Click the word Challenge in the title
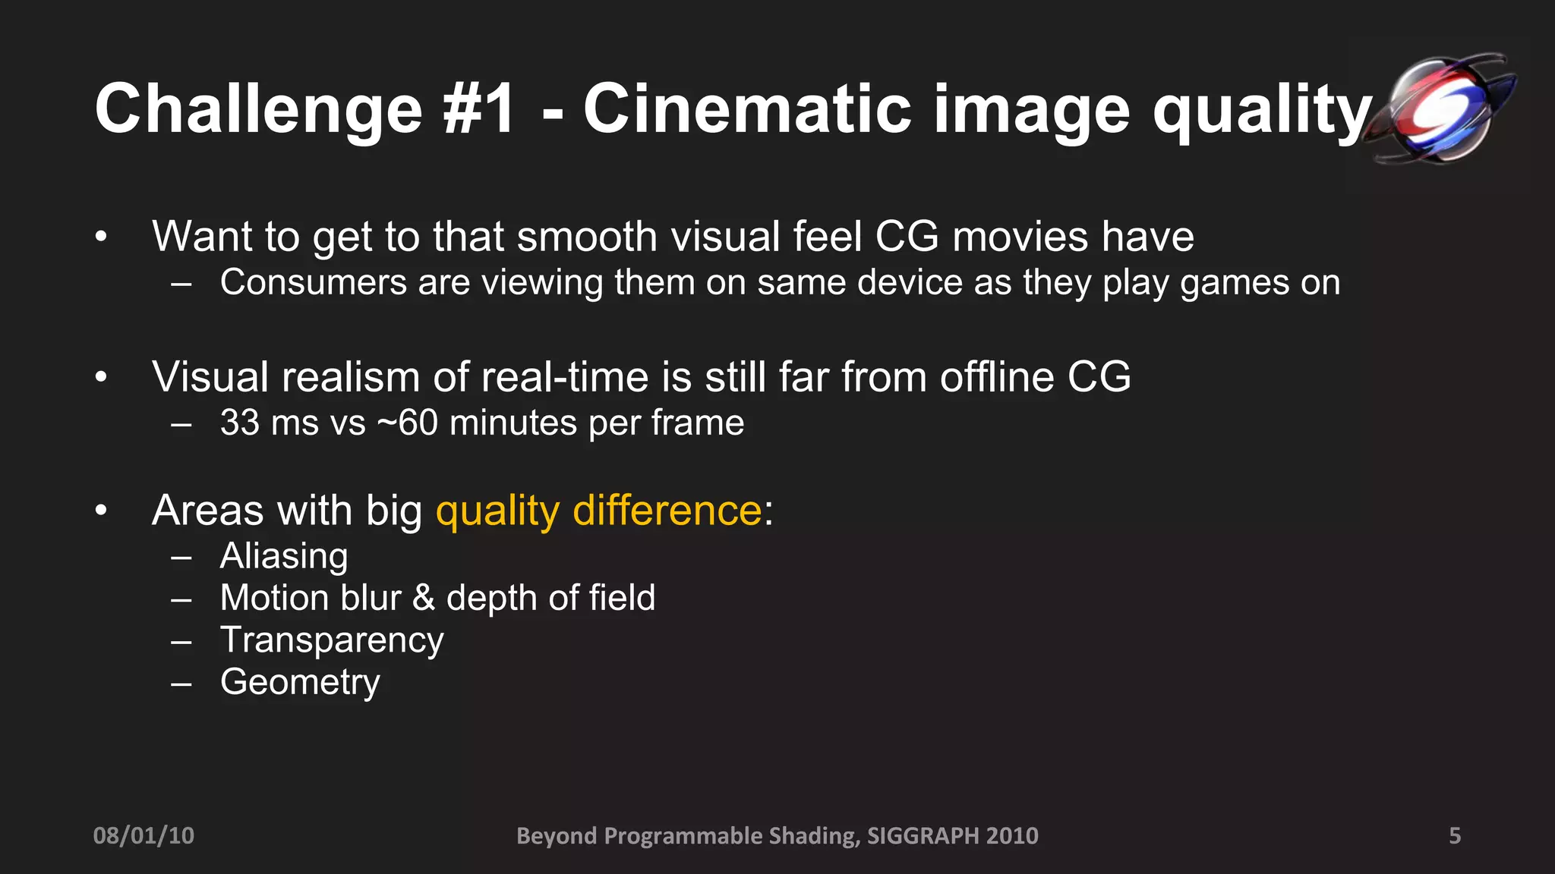tap(258, 110)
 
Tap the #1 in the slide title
tap(480, 110)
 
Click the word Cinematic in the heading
tap(747, 110)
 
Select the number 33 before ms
tap(240, 423)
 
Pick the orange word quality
tap(497, 511)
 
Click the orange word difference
tap(667, 510)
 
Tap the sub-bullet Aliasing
tap(284, 556)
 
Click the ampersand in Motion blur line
tap(424, 598)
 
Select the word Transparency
tap(332, 640)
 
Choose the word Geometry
tap(300, 683)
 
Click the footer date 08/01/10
tap(144, 835)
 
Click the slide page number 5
tap(1455, 835)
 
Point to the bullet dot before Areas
tap(101, 511)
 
